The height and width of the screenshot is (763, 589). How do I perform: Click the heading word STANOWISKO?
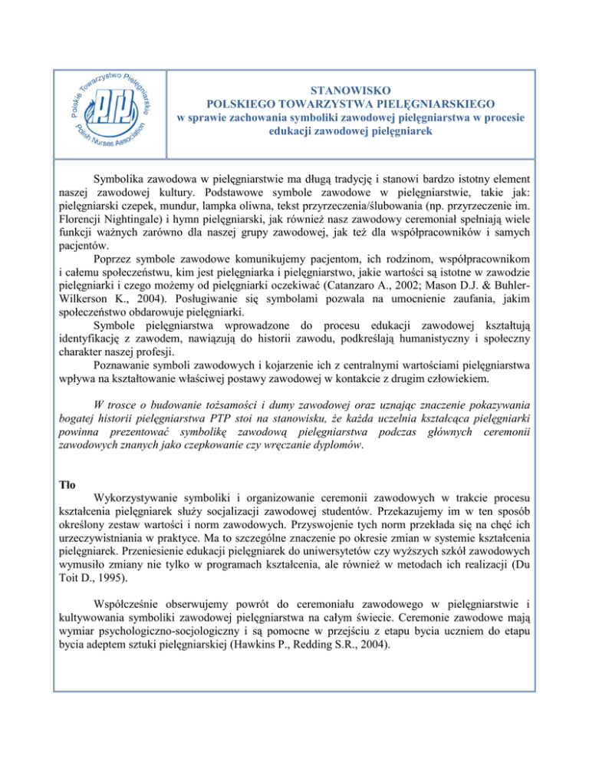click(x=353, y=88)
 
